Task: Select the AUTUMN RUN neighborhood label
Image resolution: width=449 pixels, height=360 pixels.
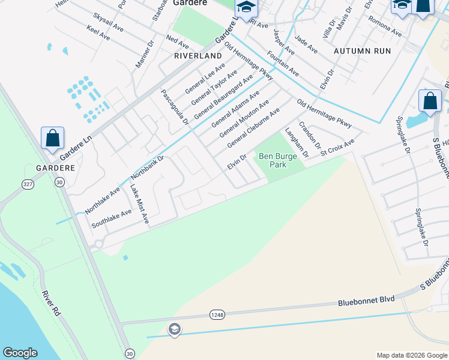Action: [x=362, y=50]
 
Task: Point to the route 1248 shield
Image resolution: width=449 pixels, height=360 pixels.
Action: [x=217, y=314]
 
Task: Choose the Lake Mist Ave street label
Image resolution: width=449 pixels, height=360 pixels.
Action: [x=139, y=204]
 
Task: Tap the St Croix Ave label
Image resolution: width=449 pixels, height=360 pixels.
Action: [x=337, y=147]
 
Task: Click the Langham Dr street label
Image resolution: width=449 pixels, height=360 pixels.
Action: [x=297, y=143]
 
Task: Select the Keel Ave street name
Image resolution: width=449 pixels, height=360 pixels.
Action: [x=98, y=32]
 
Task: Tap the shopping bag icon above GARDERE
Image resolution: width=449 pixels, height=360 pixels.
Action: [x=52, y=138]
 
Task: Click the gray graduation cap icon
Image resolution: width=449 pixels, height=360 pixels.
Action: [x=174, y=329]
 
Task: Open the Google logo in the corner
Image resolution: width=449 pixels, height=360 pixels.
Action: [x=20, y=353]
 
